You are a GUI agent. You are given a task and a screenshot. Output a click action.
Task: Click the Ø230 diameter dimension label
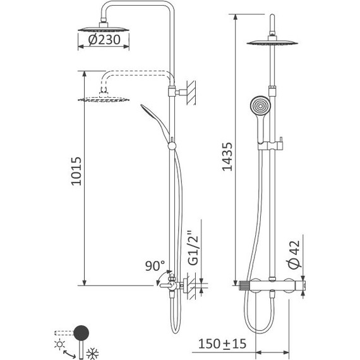coord(104,40)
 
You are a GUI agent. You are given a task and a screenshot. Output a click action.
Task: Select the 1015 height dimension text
coord(76,171)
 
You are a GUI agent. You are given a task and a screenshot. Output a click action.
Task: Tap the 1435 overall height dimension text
coord(227,157)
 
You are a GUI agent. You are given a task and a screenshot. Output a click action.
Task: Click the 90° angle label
coord(155,265)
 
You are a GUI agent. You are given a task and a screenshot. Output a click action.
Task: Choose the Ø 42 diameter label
coord(294,255)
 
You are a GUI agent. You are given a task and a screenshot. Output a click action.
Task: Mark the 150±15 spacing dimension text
coord(222,344)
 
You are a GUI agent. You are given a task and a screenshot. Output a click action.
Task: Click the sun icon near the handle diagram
coord(60,344)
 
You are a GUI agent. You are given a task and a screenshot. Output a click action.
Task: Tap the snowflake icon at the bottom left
coord(92,354)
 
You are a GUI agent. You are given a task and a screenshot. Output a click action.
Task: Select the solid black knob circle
coord(81,333)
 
